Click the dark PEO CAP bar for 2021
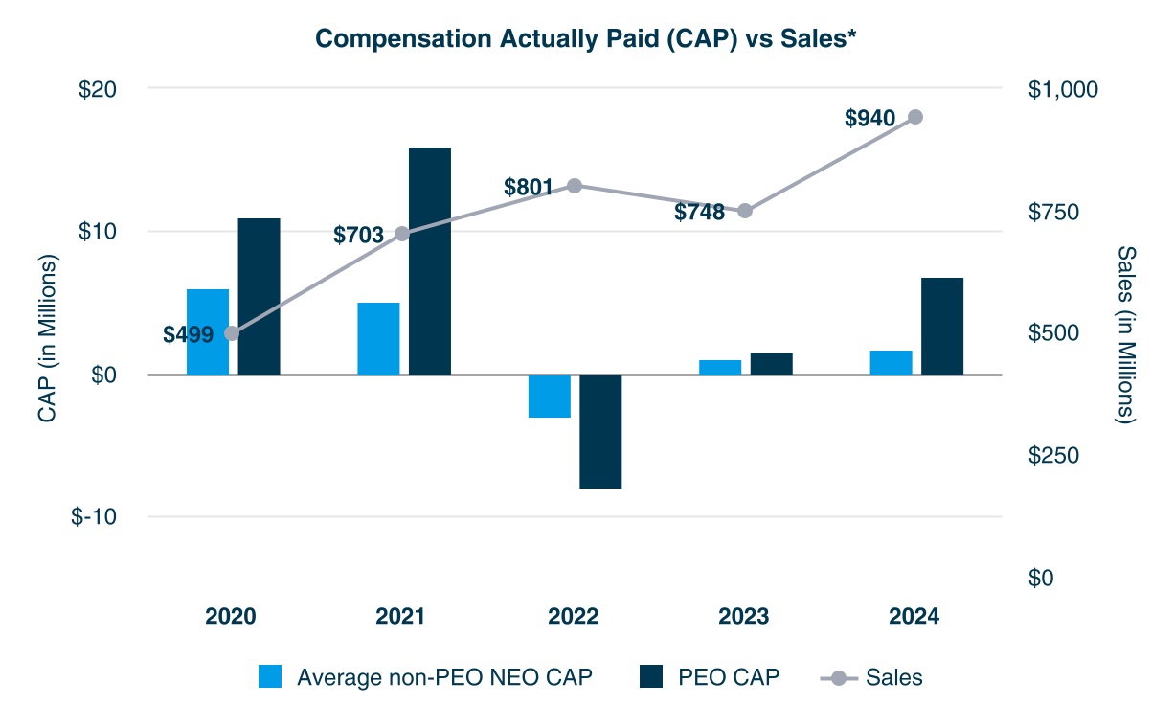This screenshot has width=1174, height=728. tap(430, 261)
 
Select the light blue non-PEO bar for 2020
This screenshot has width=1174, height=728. tap(208, 331)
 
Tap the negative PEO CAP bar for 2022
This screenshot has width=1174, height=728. tap(600, 431)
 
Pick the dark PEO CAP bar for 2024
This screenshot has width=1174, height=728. tap(941, 326)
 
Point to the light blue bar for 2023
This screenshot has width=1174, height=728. tap(720, 367)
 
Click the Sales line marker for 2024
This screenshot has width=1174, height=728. tap(914, 117)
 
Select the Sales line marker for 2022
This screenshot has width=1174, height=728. tap(575, 186)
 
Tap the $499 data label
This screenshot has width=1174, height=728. tap(188, 334)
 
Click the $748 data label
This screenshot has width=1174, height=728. tap(700, 213)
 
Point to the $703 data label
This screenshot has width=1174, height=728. tap(358, 235)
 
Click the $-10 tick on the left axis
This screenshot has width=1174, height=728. tap(93, 517)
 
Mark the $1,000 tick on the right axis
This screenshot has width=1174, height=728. tap(1064, 89)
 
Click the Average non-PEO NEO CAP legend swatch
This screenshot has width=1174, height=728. tap(271, 677)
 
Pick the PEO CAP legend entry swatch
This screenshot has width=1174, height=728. tap(650, 677)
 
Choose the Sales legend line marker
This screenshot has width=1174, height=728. tap(839, 678)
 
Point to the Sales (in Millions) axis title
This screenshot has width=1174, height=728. tap(1126, 333)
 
